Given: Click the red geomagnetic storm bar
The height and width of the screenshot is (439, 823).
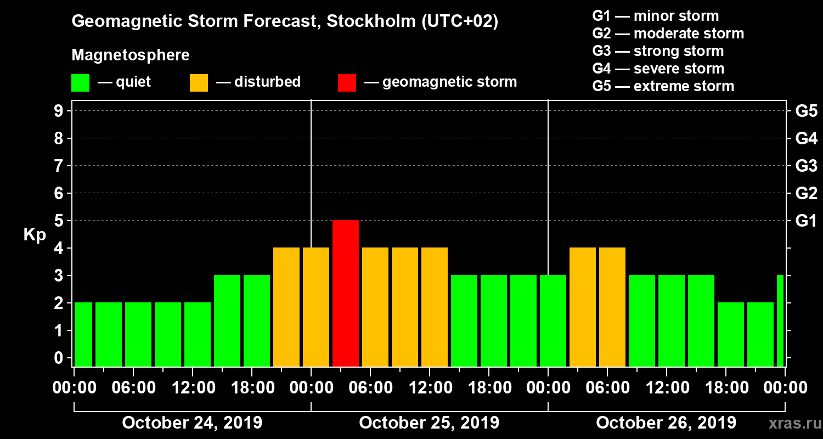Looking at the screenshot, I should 346,293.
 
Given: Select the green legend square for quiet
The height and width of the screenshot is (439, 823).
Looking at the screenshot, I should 80,82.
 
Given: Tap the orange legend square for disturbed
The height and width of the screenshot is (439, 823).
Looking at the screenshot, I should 199,82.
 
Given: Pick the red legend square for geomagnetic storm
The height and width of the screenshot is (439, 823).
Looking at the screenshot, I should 347,82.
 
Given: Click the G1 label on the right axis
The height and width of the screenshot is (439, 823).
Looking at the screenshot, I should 806,221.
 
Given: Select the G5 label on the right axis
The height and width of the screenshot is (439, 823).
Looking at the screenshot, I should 806,111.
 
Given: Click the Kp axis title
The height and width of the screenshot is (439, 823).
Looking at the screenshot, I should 35,235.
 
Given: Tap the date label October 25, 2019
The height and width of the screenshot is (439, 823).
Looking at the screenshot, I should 429,423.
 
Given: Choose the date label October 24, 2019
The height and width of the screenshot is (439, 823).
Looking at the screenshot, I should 192,423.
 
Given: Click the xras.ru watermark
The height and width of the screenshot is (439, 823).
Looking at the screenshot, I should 791,423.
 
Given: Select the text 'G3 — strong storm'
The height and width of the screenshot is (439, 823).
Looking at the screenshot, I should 658,51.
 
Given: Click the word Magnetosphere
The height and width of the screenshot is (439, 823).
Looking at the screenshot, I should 131,55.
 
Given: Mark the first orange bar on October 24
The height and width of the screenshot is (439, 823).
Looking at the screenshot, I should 286,307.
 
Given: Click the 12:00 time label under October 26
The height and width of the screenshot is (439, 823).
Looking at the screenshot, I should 666,388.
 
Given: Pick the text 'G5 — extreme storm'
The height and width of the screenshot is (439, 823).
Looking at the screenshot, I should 663,86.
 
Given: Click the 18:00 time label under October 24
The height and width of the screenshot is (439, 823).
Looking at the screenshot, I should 251,388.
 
